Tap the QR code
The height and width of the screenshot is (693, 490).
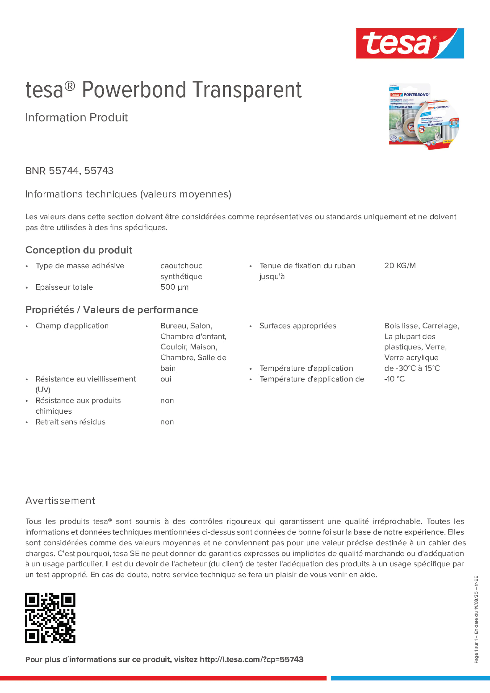50,617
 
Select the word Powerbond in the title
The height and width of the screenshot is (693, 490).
134,90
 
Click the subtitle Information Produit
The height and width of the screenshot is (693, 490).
76,118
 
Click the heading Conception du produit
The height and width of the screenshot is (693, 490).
78,250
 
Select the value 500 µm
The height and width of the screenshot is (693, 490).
174,287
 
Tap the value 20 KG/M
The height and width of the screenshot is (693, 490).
400,266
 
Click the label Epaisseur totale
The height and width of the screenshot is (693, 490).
64,287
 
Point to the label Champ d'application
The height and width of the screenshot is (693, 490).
72,326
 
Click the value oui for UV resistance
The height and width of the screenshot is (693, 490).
166,379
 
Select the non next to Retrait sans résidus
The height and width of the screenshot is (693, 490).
167,422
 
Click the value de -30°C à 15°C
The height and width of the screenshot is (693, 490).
412,368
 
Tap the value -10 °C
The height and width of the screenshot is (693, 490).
394,379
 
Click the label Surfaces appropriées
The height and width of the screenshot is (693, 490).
298,326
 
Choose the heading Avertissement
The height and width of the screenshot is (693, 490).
60,501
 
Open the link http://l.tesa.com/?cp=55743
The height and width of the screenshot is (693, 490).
251,659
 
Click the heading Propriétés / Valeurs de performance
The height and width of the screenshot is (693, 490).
111,310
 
